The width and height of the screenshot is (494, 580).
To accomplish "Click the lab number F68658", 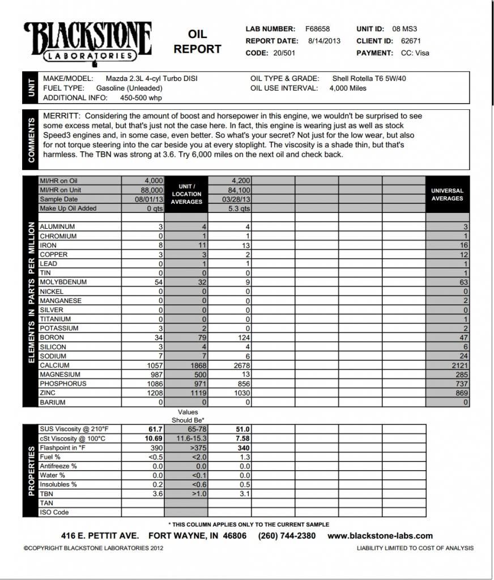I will coord(317,29).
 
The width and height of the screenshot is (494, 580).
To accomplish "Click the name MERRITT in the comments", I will coord(61,116).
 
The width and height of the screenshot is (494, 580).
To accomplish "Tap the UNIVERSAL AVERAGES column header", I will coord(447,195).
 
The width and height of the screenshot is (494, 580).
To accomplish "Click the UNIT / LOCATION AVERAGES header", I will coord(186,194).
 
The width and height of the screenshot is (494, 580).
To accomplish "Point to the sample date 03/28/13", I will coord(237,199).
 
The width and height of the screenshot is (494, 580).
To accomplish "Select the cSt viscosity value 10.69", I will coord(154,439).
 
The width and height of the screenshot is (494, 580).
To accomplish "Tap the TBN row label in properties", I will coord(46,494).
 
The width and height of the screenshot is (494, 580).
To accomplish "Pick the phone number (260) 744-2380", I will coord(287,536).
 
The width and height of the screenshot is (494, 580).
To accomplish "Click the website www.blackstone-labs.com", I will coord(380,536).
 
